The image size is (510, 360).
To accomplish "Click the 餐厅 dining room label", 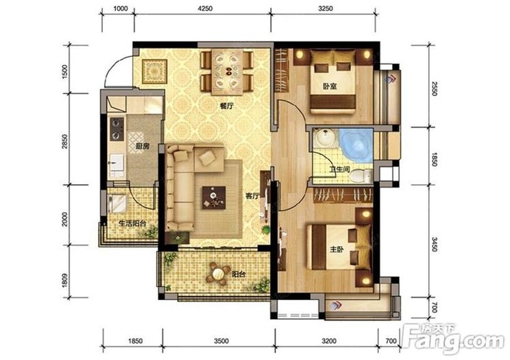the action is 226,106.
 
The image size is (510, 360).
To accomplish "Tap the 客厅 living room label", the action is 252,196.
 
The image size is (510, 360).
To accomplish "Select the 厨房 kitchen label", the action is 142,146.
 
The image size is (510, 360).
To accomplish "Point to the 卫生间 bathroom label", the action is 340,169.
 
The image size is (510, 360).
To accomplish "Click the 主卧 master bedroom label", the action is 336,249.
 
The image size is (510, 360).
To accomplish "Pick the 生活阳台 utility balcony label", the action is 132,224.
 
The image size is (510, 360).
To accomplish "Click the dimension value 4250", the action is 205,8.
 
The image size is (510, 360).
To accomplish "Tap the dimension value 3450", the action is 434,244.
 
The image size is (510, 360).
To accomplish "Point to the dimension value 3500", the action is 221,341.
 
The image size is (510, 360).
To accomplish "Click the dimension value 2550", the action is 434,88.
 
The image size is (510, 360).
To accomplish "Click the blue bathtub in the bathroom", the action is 356,145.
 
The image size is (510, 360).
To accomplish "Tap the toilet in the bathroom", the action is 361,176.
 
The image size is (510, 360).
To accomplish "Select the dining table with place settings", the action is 227,72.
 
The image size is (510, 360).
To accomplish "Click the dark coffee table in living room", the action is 213,198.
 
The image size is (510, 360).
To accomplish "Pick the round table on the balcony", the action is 217,274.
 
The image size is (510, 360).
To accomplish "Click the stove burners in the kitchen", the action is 117,129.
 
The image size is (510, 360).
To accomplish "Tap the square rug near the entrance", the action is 155,71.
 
